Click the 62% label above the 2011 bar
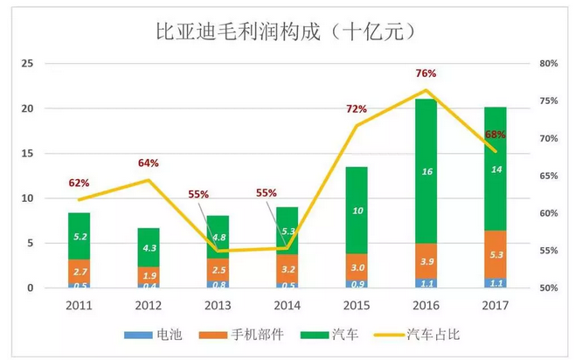[79, 183]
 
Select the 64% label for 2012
[148, 163]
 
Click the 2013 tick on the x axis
[217, 306]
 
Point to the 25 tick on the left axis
[27, 64]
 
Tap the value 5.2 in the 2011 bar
[79, 235]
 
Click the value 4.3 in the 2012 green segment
[148, 247]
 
